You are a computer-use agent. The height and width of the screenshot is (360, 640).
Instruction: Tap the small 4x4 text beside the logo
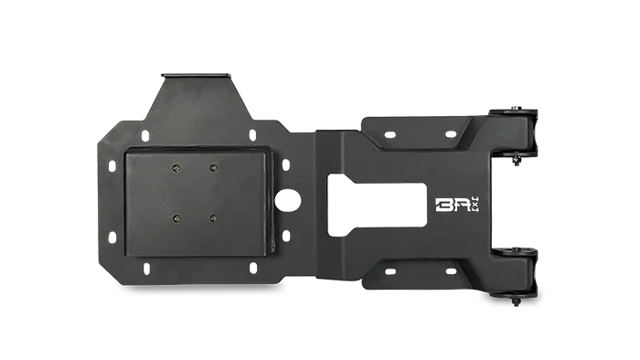tap(476, 205)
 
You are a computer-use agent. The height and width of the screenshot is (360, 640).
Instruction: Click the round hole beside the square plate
tap(287, 201)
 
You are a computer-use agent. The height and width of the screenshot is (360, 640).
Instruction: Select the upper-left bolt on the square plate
tap(176, 168)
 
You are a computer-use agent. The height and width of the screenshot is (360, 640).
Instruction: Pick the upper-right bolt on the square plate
tap(213, 167)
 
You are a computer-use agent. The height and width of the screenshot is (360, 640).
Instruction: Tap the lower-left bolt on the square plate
tap(176, 218)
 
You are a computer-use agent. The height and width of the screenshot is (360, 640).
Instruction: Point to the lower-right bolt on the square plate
tap(213, 218)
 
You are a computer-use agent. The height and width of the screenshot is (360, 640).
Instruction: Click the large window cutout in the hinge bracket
tap(377, 206)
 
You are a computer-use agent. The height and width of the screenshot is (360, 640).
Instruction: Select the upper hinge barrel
tap(515, 133)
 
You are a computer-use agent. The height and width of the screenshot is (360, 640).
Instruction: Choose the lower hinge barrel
tap(515, 272)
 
